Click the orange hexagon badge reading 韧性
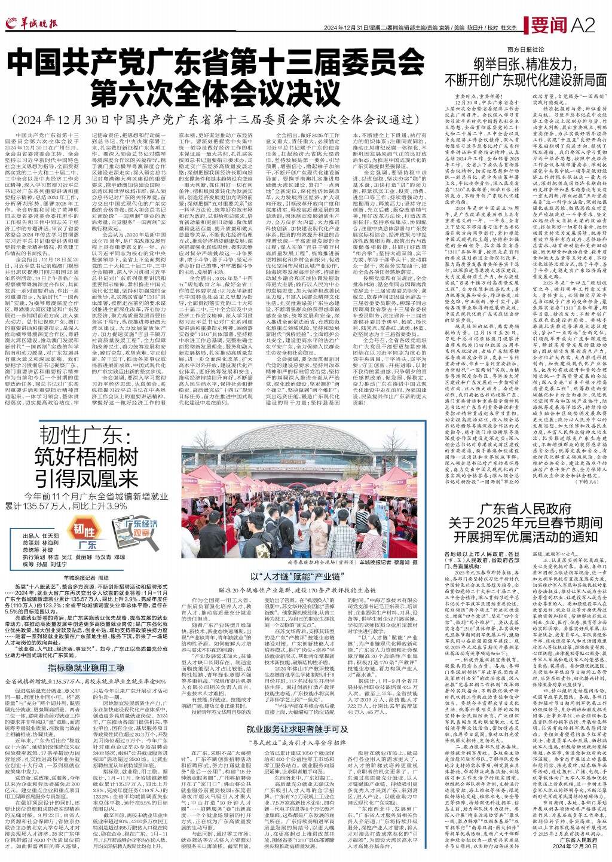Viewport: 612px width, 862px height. pyautogui.click(x=84, y=530)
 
